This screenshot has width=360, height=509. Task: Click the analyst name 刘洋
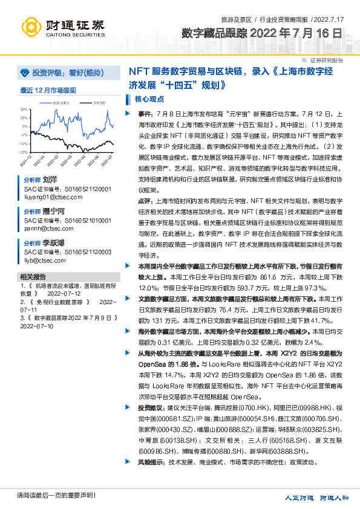click(x=49, y=180)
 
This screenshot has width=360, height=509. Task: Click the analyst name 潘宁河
click(x=53, y=212)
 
